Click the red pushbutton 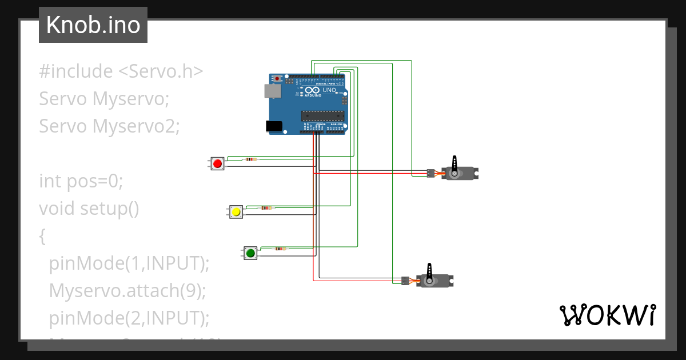pos(217,164)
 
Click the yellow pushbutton pos(236,212)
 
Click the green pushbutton pos(250,253)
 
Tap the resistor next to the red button pos(250,159)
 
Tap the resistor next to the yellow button pos(266,208)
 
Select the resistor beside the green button pos(280,249)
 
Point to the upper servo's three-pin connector pos(429,173)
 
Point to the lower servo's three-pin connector pos(405,281)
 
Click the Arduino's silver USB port pos(272,91)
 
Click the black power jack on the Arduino pos(274,126)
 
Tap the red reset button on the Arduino pos(278,78)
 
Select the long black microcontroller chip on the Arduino pos(322,116)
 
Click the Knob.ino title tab pos(93,25)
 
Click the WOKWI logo pos(607,315)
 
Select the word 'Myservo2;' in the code pos(136,126)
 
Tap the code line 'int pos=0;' pos(81,181)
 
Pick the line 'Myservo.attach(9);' pos(127,291)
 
